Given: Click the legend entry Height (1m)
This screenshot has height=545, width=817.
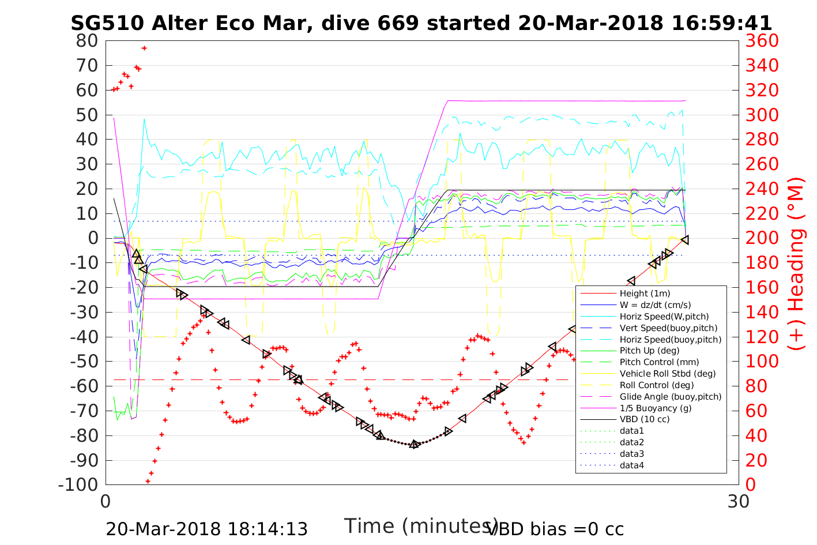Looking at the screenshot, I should click(x=645, y=294).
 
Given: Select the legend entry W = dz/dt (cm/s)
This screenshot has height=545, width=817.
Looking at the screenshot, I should click(x=655, y=305).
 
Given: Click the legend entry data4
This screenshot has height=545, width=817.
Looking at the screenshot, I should click(x=631, y=465).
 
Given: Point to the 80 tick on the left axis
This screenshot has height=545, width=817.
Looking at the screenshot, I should click(x=87, y=41).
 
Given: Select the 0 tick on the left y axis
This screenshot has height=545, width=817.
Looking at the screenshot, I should click(x=92, y=238).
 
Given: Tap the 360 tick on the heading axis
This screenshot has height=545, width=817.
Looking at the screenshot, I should click(x=762, y=41).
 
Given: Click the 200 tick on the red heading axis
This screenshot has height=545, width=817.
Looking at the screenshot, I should click(x=762, y=238).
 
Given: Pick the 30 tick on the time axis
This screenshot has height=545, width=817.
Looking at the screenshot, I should click(x=739, y=501).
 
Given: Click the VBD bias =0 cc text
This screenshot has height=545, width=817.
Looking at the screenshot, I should click(x=555, y=529).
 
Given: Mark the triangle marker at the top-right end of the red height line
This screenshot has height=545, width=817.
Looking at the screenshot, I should click(x=685, y=239).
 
